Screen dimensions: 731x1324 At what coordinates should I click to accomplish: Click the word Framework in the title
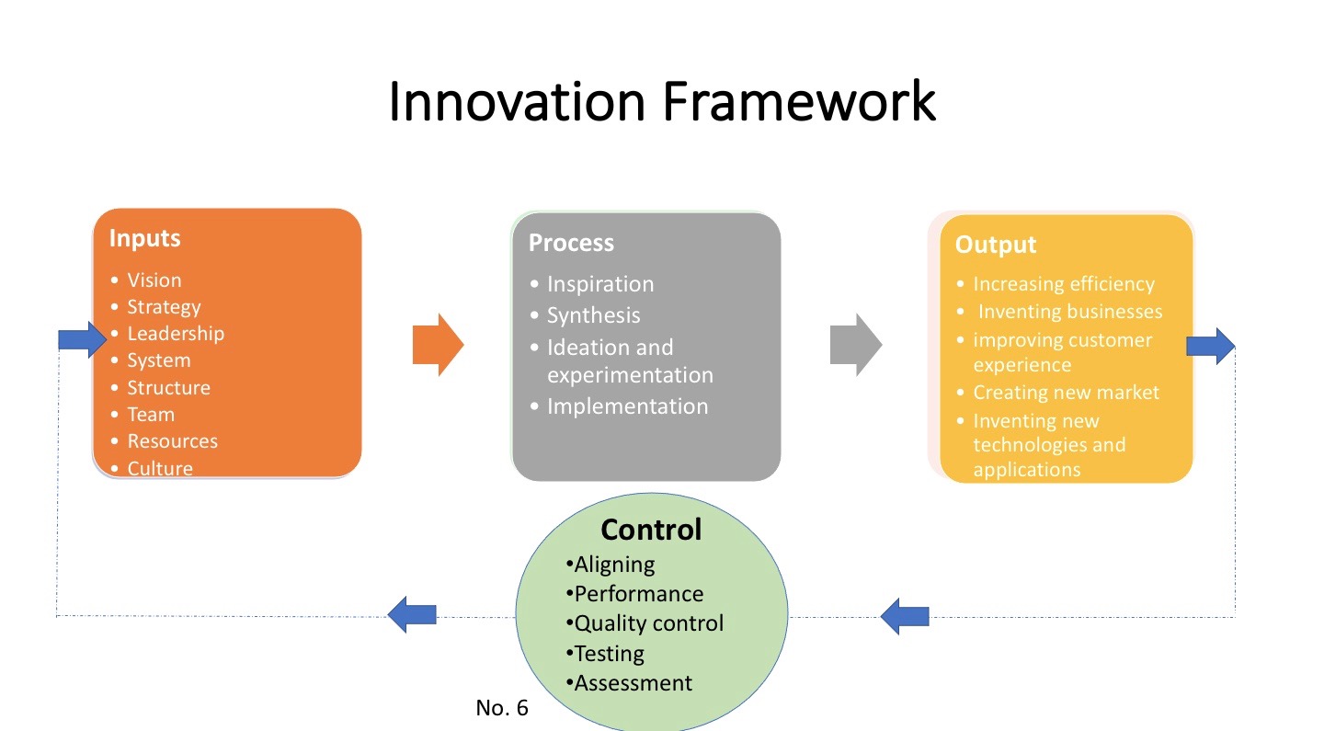coord(798,101)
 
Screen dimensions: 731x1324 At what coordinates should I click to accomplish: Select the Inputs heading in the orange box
coord(144,238)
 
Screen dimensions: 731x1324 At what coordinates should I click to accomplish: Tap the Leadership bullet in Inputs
coord(175,334)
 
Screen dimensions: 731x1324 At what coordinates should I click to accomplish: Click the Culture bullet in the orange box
coord(160,468)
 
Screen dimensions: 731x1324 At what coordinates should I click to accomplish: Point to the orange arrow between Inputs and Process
coord(438,345)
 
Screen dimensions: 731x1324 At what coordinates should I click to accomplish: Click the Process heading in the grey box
coord(571,243)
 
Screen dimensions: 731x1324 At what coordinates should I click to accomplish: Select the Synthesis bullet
coord(593,315)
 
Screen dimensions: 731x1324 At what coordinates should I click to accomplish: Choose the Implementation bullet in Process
coord(627,406)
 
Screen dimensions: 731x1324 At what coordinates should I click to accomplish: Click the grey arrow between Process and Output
coord(856,345)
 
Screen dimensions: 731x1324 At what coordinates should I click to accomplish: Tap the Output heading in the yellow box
coord(995,245)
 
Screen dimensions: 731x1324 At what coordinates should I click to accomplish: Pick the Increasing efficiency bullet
coord(1064,284)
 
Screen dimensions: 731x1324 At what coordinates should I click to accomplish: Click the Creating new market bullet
coord(1066,393)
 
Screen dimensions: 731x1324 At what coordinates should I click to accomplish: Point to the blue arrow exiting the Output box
coord(1210,346)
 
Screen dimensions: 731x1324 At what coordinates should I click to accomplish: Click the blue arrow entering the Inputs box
coord(83,340)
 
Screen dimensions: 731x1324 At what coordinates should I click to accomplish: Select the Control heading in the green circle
coord(651,530)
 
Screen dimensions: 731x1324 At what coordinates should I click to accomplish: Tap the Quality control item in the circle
coord(648,623)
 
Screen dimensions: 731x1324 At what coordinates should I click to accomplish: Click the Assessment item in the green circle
coord(633,683)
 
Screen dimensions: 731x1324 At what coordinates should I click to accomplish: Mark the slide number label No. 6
coord(502,708)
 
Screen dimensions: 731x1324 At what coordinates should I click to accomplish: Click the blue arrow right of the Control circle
coord(905,615)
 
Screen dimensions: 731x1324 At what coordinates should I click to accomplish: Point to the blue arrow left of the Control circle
coord(411,614)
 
